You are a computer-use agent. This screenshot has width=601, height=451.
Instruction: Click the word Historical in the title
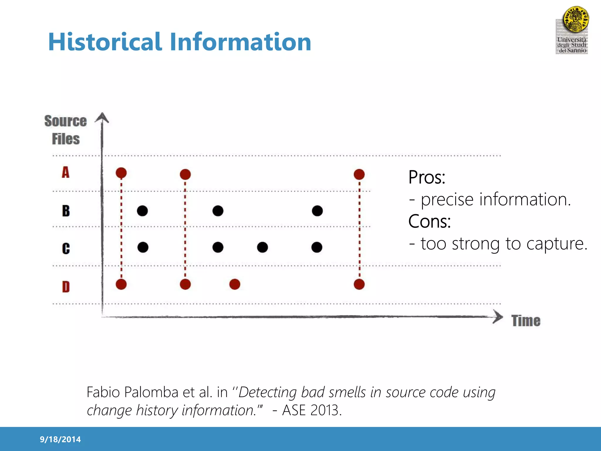(x=105, y=42)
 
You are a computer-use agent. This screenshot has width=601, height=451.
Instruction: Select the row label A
(x=66, y=172)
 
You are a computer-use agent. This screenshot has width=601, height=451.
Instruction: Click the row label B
(x=66, y=211)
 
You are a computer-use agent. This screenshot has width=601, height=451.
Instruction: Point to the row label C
(x=66, y=248)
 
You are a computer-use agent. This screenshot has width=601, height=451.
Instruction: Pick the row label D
(x=66, y=287)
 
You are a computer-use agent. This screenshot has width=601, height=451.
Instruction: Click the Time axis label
(x=526, y=321)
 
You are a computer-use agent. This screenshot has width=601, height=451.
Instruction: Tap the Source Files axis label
(x=66, y=130)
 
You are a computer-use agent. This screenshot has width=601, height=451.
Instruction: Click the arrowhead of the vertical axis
(x=102, y=118)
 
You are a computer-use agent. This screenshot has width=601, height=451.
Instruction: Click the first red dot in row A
(x=121, y=173)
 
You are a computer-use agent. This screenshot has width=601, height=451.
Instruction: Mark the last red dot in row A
(x=359, y=174)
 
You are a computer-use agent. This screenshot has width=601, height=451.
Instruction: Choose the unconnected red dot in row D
(x=235, y=284)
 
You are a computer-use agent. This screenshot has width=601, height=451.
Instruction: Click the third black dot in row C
(x=262, y=247)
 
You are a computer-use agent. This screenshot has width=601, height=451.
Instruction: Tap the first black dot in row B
(x=142, y=211)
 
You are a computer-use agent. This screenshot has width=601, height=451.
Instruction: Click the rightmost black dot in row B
(x=317, y=211)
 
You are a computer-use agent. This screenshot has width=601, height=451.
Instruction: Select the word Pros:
(x=427, y=177)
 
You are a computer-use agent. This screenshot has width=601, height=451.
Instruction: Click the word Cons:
(x=429, y=221)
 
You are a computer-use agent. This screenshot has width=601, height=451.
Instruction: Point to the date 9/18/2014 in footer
(x=60, y=439)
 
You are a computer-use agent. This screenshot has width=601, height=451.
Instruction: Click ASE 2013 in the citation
(x=312, y=410)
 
